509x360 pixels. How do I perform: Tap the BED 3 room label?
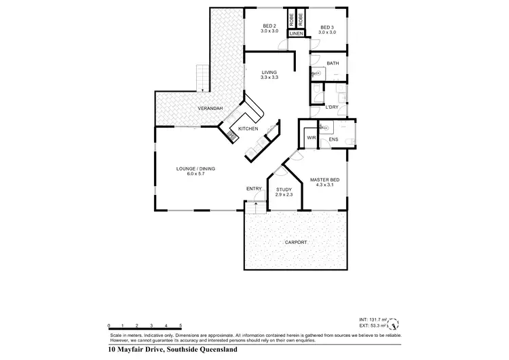(328, 27)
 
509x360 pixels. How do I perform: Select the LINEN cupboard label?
(296, 33)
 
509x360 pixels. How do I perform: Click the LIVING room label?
(269, 73)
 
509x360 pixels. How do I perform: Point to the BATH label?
(333, 63)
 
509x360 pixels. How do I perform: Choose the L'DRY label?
(332, 107)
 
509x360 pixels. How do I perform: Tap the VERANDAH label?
(210, 109)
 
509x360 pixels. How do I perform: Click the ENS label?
(333, 140)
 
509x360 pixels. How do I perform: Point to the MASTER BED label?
(324, 179)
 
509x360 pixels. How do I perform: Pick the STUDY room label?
(284, 190)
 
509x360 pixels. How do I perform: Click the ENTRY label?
(254, 188)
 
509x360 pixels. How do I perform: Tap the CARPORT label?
(296, 242)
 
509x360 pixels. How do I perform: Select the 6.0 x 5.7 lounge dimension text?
(195, 174)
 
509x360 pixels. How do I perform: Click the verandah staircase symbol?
(201, 78)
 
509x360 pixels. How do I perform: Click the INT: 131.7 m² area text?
(373, 319)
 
